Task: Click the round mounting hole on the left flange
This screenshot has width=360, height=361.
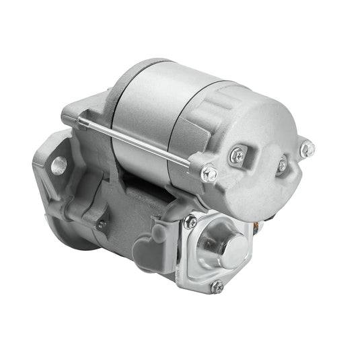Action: (x=59, y=164)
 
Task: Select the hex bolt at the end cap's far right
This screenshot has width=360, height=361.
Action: (x=307, y=148)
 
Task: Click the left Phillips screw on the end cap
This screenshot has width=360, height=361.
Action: (x=238, y=157)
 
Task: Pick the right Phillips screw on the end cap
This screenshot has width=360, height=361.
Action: (x=281, y=164)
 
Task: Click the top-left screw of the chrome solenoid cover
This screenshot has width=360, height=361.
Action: (x=192, y=222)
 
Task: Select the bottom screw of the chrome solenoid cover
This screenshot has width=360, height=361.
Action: (x=216, y=286)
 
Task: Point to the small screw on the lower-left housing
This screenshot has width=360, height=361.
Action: (x=101, y=225)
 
